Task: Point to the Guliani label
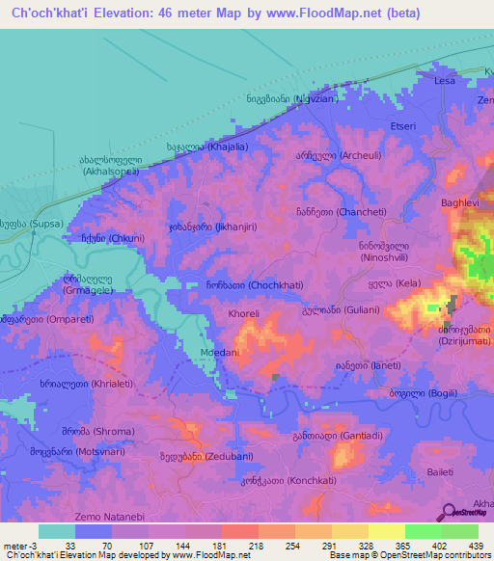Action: point(346,310)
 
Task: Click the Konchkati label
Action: point(274,479)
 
